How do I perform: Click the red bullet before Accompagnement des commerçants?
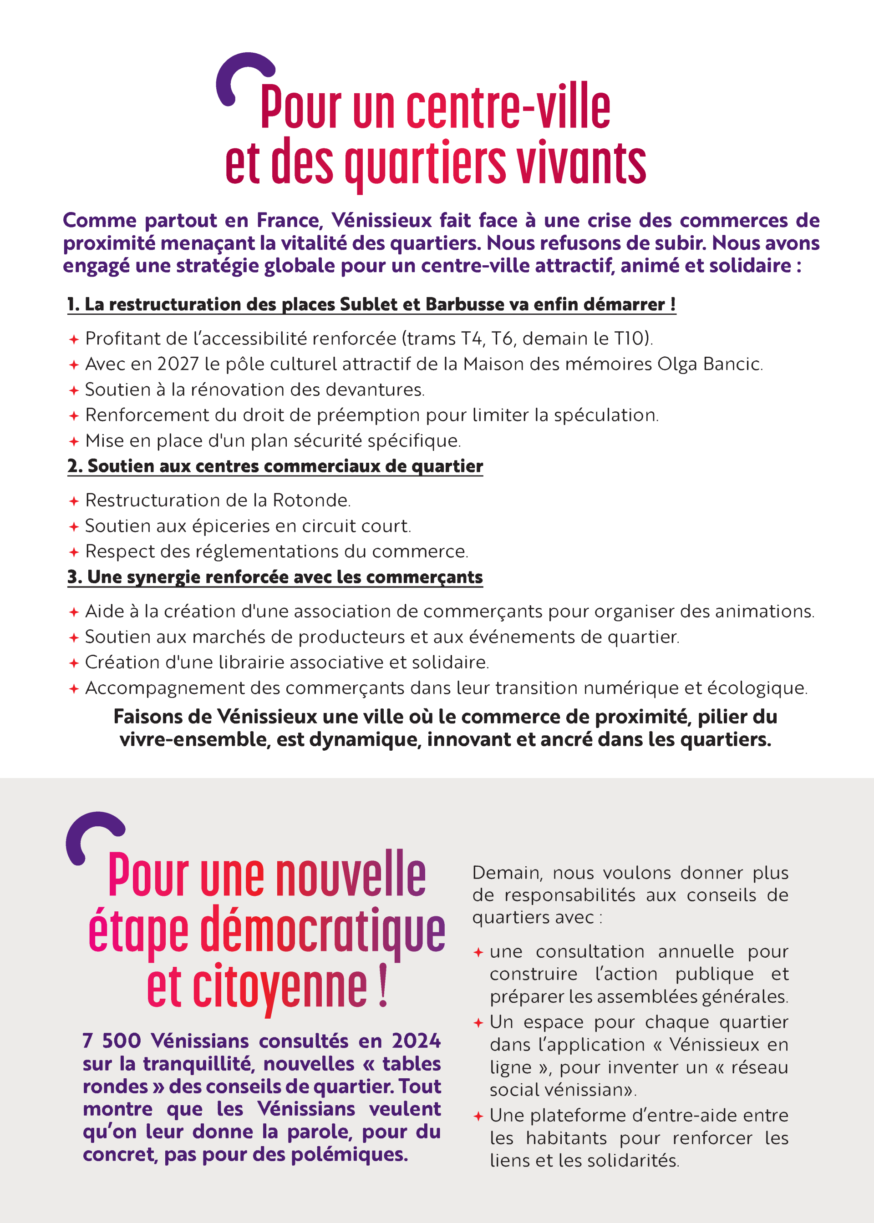click(x=74, y=688)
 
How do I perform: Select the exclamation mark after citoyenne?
click(x=383, y=986)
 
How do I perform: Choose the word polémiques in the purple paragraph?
click(x=349, y=1155)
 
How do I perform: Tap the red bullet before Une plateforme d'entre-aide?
click(x=478, y=1117)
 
